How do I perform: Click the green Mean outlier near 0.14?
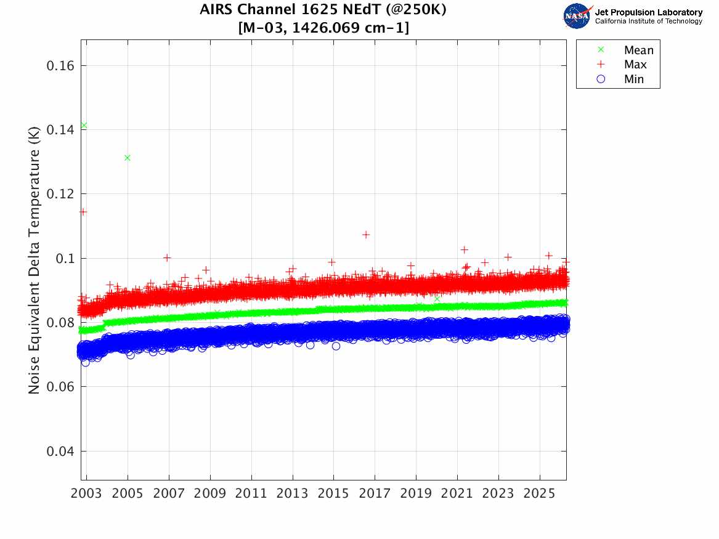pyautogui.click(x=84, y=126)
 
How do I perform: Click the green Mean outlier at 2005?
pyautogui.click(x=128, y=158)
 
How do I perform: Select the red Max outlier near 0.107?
pyautogui.click(x=366, y=235)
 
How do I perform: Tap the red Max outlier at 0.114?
pyautogui.click(x=83, y=212)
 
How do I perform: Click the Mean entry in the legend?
pyautogui.click(x=638, y=51)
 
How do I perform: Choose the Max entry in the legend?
pyautogui.click(x=635, y=65)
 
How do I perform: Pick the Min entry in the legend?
pyautogui.click(x=634, y=79)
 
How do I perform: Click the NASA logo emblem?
pyautogui.click(x=577, y=16)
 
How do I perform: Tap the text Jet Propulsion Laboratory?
pyautogui.click(x=648, y=12)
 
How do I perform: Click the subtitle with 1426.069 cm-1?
pyautogui.click(x=323, y=28)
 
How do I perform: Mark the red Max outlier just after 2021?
pyautogui.click(x=464, y=249)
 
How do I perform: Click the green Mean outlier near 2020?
pyautogui.click(x=437, y=299)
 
